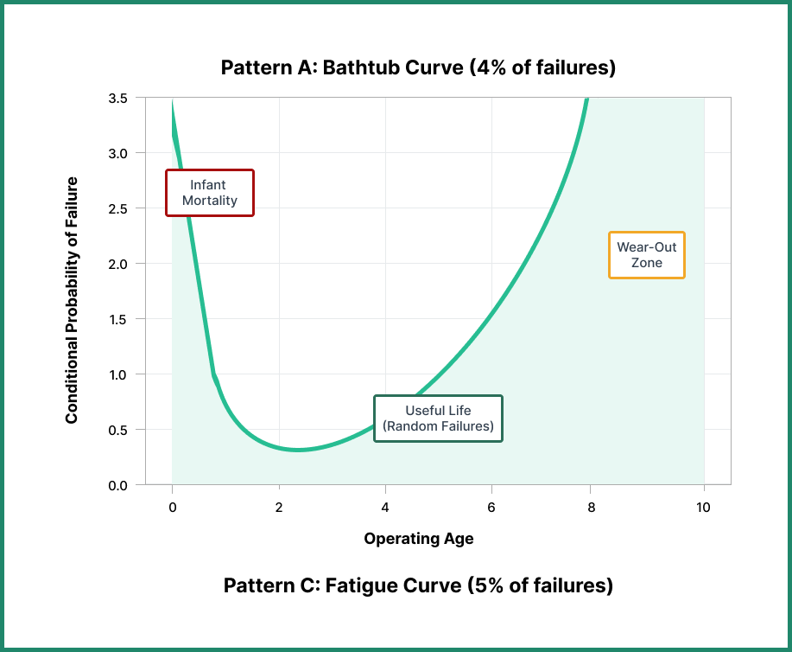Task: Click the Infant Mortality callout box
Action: tap(210, 193)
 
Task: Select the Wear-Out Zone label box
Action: tap(647, 255)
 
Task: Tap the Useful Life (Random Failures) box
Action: tap(438, 419)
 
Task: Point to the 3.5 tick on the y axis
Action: tap(117, 99)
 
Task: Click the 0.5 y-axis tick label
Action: tap(117, 430)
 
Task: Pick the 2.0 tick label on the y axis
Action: tap(117, 264)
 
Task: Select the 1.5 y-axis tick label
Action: tap(117, 319)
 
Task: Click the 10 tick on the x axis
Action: tap(703, 508)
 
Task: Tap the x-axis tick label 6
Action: tap(491, 508)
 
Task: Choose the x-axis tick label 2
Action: tap(279, 508)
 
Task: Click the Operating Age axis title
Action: tap(418, 539)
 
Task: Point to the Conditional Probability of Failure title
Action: tap(72, 300)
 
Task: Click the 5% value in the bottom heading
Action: tap(485, 585)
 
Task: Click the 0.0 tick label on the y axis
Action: tap(117, 485)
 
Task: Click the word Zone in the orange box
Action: tap(647, 263)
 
